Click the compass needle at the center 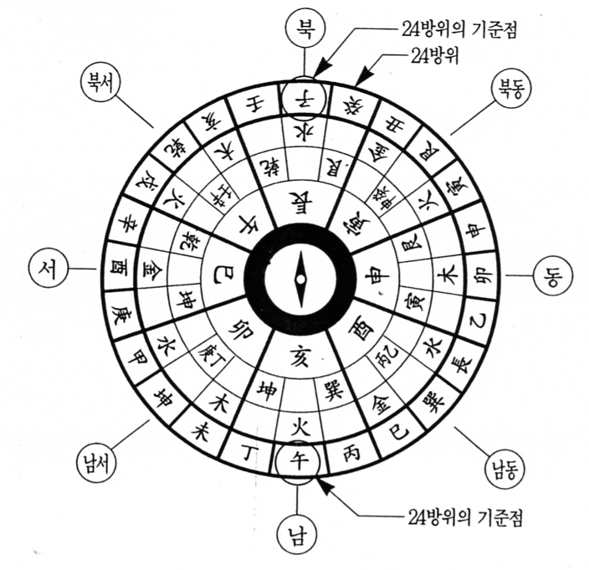tap(299, 279)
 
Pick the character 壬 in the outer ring tap(251, 105)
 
